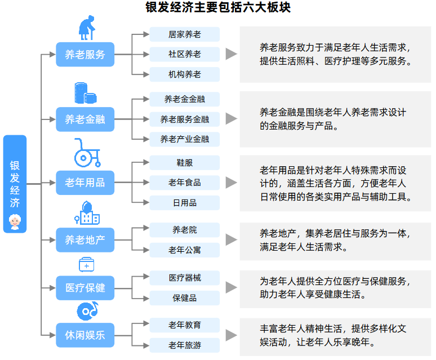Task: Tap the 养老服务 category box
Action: coord(85,55)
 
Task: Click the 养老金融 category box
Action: coord(85,119)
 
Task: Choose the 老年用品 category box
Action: coord(85,183)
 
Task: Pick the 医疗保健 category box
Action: coord(85,287)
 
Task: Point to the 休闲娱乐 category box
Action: coord(85,336)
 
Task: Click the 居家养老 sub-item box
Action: coord(184,34)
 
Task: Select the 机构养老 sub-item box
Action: coord(184,74)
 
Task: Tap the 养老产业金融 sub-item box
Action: coord(184,139)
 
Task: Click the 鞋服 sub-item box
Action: coord(184,163)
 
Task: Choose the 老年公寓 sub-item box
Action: coord(184,250)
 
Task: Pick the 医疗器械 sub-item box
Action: coord(184,278)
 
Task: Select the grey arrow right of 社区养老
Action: coord(231,54)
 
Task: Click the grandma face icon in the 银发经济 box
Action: coord(15,220)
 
